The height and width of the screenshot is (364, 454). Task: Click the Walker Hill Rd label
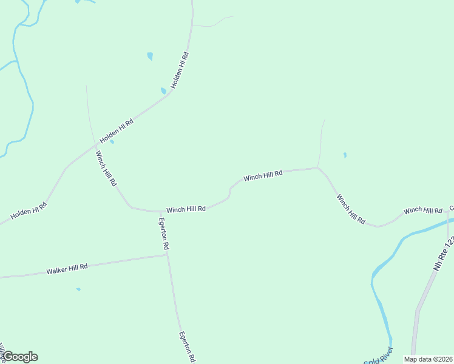coord(67,268)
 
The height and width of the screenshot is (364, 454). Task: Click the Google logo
coord(20,357)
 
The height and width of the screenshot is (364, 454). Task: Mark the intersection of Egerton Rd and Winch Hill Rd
coord(158,212)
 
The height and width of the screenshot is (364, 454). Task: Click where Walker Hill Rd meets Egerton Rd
coord(167,255)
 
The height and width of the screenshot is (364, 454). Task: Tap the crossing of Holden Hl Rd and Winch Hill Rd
coord(95,146)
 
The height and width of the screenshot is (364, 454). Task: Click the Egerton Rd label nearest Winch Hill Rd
coord(164,234)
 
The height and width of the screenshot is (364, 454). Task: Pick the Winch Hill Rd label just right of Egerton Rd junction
coord(186,209)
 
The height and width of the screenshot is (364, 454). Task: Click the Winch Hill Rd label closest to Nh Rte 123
coord(423,210)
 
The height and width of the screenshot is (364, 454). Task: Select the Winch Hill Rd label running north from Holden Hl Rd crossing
coord(106,168)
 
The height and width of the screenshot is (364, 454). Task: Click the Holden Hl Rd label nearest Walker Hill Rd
coord(29,211)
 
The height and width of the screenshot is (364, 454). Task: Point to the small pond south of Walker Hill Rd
coord(78,289)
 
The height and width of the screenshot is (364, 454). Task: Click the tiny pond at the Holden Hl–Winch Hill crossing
coord(112,142)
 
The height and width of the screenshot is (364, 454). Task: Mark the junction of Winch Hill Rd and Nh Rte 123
coord(448,211)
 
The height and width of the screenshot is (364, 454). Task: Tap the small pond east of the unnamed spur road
coord(345,155)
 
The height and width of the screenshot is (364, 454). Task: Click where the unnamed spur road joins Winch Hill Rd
coord(318,168)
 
